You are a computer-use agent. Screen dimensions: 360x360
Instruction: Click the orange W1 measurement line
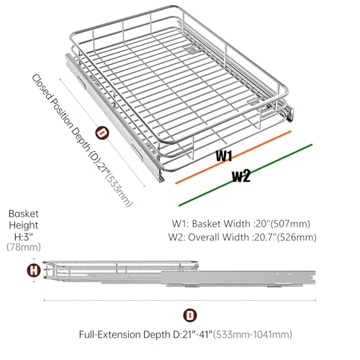[233, 157]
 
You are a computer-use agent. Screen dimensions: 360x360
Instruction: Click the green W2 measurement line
[246, 175]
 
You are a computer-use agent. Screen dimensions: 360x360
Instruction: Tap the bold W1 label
[224, 156]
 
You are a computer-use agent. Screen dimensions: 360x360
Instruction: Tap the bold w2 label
[241, 176]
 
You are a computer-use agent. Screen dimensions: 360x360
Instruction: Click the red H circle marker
[34, 271]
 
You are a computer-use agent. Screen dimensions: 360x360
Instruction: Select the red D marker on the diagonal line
[102, 133]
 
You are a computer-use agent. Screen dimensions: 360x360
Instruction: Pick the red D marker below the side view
[190, 315]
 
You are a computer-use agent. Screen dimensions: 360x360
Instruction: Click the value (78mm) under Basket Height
[24, 247]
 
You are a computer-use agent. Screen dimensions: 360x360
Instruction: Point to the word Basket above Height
[24, 214]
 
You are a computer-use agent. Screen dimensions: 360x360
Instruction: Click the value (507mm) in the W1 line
[290, 224]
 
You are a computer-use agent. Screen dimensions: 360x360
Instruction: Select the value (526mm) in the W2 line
[297, 237]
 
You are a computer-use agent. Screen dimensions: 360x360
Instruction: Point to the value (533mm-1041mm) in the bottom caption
[253, 334]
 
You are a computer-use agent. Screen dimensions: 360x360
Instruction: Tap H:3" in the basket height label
[24, 237]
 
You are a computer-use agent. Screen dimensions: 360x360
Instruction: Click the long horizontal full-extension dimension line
[180, 300]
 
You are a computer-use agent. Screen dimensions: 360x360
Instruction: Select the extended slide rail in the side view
[238, 278]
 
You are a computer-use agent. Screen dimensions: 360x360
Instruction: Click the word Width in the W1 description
[237, 224]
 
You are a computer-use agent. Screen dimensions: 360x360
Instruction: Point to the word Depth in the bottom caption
[157, 335]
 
